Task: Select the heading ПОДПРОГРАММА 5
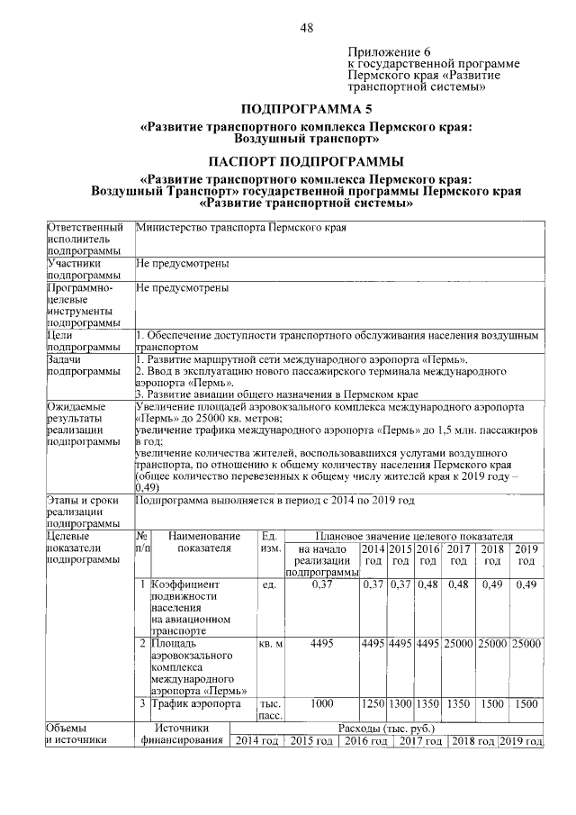(x=306, y=108)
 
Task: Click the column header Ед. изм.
(x=270, y=541)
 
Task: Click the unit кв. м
(x=270, y=644)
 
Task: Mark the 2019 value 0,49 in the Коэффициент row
(x=526, y=584)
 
